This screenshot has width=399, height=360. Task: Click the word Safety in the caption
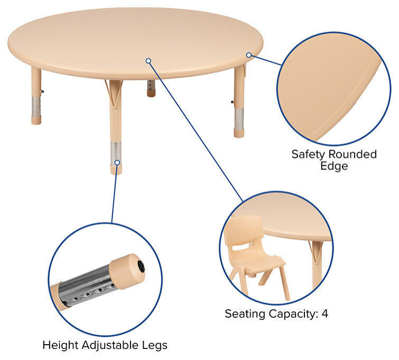point(308,154)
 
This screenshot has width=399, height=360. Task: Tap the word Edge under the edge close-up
point(334,166)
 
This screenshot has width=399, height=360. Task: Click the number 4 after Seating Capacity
point(325,314)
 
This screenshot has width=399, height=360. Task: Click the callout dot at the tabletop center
point(149,61)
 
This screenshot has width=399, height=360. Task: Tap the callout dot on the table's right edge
point(248,54)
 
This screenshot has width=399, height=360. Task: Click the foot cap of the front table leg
point(116,169)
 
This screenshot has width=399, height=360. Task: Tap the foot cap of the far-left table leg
point(36,120)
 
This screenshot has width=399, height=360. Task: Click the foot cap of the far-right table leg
point(239,132)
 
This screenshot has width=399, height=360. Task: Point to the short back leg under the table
point(151,88)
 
